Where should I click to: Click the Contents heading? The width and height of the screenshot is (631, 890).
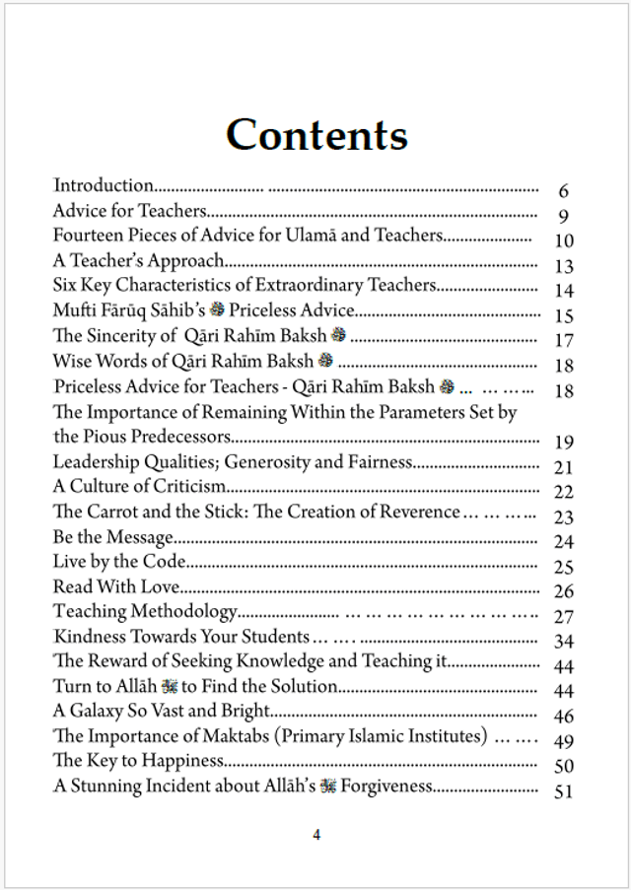pos(316,134)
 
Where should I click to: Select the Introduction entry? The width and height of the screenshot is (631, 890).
pos(104,185)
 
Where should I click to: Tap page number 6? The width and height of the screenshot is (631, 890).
pos(563,191)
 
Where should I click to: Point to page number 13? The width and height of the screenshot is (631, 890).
pos(563,266)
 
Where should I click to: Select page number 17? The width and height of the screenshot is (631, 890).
pos(563,340)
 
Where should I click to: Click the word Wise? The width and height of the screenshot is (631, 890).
pos(72,361)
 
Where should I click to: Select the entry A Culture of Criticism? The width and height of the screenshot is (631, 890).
pos(139,487)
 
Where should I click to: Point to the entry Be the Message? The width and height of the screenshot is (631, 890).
pos(112,537)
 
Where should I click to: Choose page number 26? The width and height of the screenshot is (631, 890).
pos(563,591)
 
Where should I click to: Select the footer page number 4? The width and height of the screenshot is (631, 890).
pos(316,835)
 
